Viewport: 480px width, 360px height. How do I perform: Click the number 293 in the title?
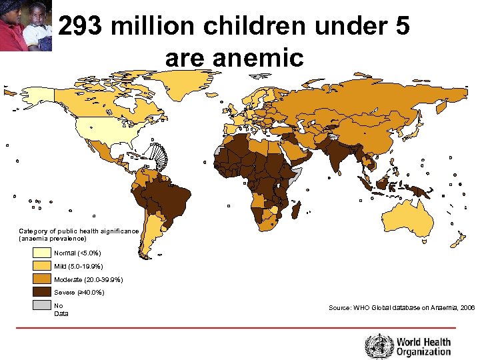[81, 27]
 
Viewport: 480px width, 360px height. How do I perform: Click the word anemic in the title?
[234, 57]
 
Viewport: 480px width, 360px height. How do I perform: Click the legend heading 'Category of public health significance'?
[79, 231]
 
